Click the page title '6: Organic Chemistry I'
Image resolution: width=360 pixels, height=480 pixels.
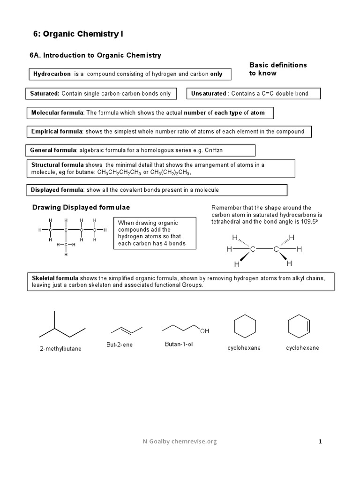78,34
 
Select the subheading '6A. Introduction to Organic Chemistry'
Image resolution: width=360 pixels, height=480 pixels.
95,55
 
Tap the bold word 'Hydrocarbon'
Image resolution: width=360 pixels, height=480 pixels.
52,74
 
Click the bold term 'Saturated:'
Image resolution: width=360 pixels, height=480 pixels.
45,94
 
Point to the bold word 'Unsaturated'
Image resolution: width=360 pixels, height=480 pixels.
208,94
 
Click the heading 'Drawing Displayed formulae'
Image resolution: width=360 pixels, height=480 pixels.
81,208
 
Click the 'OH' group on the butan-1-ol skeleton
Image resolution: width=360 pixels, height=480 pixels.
204,331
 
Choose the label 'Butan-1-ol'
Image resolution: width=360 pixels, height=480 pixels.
178,345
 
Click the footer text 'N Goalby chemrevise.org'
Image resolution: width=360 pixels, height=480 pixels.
180,441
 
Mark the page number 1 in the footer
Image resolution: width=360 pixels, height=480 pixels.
320,441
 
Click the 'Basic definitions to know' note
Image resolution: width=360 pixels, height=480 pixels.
277,69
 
